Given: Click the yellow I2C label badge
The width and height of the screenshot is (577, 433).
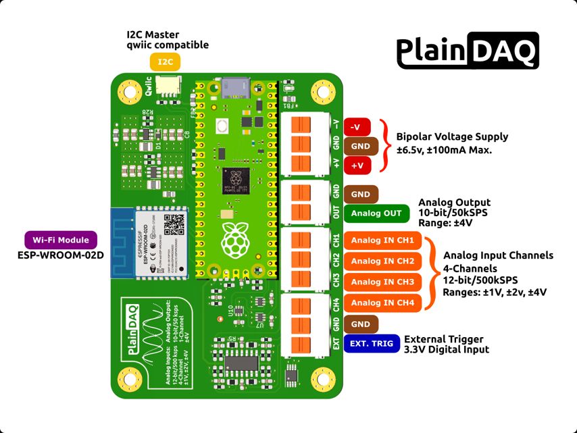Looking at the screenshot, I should click(166, 62).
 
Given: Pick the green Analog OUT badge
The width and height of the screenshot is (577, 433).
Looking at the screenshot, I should click(376, 213).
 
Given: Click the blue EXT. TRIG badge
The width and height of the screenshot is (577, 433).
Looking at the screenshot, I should click(371, 344).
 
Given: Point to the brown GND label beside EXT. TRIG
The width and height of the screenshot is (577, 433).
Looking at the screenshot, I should click(361, 324).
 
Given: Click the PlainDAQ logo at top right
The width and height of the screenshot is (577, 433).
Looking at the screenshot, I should click(467, 51).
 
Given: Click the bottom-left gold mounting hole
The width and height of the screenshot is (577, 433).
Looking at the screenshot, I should click(126, 378).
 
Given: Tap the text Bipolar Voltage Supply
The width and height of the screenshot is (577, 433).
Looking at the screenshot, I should click(452, 136).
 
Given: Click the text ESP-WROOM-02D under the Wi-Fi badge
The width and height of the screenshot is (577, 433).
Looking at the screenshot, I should click(61, 255).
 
